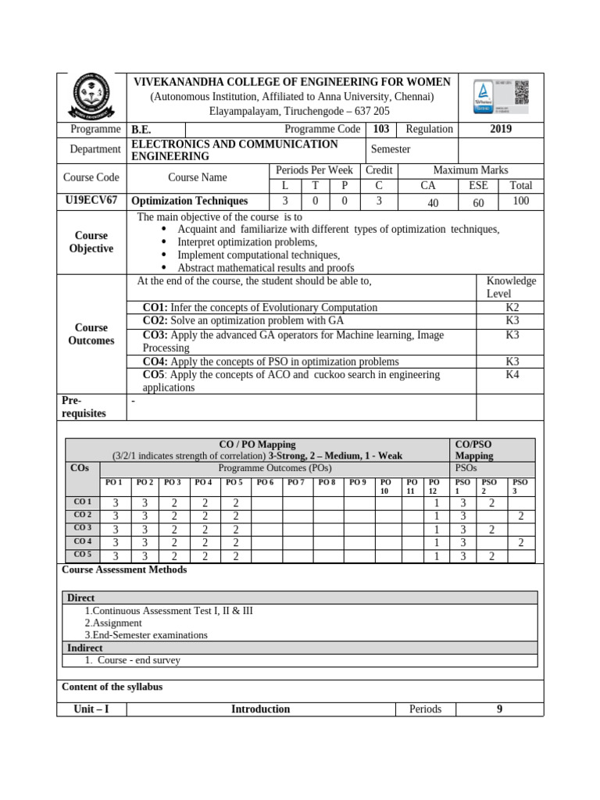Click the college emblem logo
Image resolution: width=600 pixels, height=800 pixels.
[92, 98]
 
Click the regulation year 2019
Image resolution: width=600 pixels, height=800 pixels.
[501, 129]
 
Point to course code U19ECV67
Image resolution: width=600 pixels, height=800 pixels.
[91, 201]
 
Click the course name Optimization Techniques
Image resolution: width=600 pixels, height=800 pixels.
[189, 201]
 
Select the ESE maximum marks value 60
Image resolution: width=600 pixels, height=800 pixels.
[478, 202]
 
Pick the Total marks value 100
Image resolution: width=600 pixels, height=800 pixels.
[520, 201]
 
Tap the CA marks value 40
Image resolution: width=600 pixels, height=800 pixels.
[427, 202]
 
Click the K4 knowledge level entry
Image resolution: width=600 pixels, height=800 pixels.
[512, 374]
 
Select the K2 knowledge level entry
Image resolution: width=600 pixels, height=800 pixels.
[512, 308]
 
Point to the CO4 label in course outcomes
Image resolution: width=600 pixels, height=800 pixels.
[155, 362]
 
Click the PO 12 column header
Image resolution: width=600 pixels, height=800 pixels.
[434, 487]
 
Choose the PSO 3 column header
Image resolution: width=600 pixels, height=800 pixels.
[520, 487]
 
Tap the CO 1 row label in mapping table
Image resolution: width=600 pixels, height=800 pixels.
[83, 502]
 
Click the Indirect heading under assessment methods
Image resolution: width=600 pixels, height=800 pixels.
[85, 648]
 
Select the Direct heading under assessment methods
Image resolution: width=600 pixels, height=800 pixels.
[80, 598]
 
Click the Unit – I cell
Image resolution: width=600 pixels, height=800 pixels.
[91, 709]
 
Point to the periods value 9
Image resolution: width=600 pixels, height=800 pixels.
[499, 709]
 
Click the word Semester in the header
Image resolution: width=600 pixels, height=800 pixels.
[391, 149]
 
